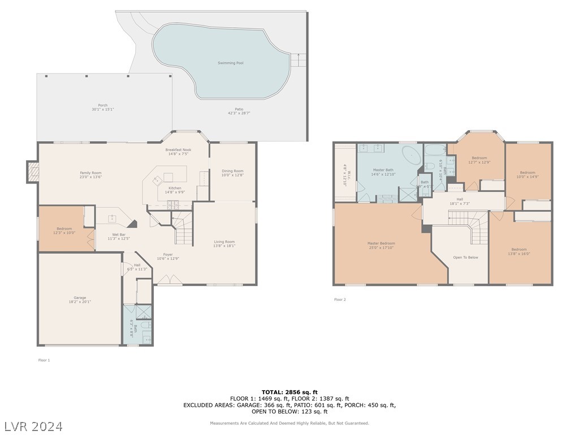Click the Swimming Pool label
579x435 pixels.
231,63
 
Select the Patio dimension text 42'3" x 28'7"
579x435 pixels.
239,113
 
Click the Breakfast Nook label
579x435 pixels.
178,150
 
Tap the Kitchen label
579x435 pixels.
175,188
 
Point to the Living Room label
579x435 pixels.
224,242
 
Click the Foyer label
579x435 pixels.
168,254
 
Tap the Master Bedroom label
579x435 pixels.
381,244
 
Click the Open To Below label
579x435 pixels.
465,257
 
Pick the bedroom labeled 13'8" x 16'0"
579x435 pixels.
518,251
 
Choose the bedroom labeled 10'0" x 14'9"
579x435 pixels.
527,174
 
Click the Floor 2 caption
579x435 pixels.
340,300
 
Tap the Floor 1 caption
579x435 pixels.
44,360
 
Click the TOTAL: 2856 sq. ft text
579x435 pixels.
289,392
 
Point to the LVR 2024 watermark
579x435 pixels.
34,426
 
